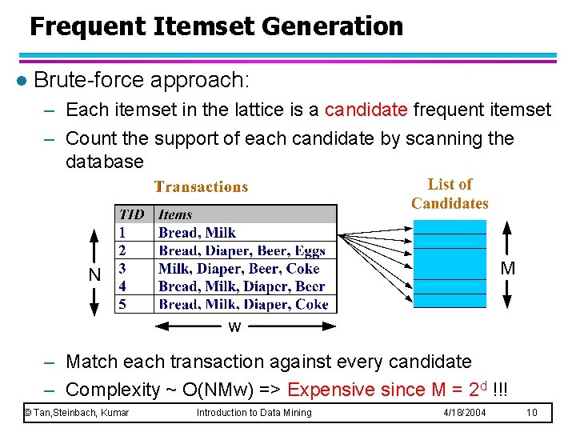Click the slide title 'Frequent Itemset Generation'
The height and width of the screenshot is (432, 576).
point(216,26)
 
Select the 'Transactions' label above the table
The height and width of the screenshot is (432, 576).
point(201,187)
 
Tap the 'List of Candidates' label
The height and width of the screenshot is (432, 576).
point(450,194)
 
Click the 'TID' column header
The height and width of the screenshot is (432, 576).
point(131,214)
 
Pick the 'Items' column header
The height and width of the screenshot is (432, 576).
point(175,214)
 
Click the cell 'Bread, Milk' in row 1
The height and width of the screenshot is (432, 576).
point(197,233)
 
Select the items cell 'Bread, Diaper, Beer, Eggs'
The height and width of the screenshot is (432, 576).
point(242,251)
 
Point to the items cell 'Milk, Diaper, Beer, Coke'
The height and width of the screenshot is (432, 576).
point(238,269)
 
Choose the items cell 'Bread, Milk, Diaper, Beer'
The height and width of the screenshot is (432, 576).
point(242,286)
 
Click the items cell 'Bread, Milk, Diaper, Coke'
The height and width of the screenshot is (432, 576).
point(243,304)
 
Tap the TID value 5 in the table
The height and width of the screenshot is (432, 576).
point(122,304)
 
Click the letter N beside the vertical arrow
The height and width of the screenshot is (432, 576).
point(94,274)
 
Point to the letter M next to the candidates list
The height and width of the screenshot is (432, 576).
point(508,269)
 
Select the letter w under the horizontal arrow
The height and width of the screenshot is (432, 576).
point(234,327)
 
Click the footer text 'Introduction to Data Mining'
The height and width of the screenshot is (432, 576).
point(254,413)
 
